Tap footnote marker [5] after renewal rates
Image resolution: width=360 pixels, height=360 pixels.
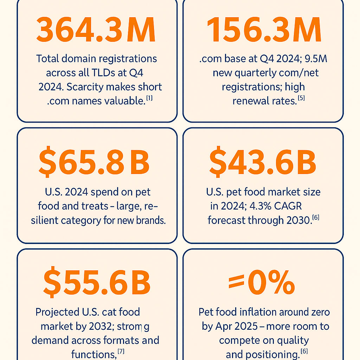[301, 98]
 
